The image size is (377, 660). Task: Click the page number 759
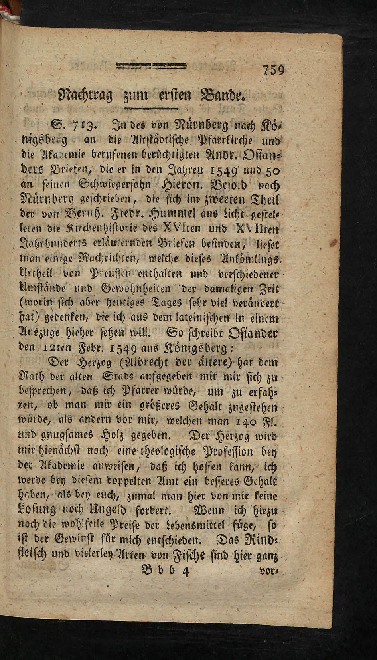click(x=274, y=71)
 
